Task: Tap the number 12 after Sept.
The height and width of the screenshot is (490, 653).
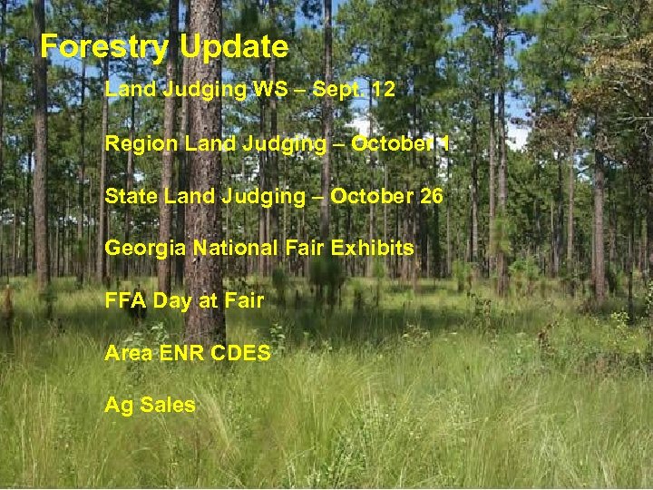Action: tap(382, 90)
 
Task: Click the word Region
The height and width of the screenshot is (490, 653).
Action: tap(134, 143)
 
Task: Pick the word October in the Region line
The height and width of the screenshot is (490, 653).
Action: tap(387, 143)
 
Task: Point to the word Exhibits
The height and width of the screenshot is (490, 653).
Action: tap(375, 248)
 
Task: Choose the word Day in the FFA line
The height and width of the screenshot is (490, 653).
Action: tap(172, 301)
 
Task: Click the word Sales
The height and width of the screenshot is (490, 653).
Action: tap(168, 405)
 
